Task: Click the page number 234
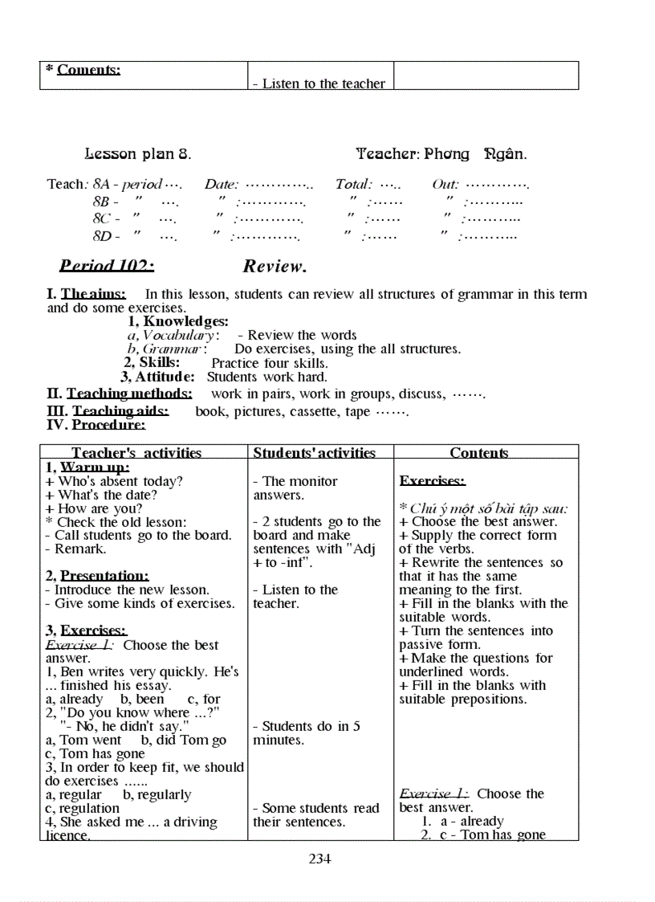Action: click(x=319, y=859)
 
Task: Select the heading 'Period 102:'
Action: click(x=107, y=266)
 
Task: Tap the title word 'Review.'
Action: click(x=275, y=266)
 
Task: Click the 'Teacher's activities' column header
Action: click(x=136, y=453)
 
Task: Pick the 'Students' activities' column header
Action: click(x=315, y=453)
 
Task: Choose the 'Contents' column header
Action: click(x=479, y=453)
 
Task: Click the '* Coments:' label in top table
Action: click(x=83, y=70)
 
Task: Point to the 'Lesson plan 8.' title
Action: click(x=137, y=153)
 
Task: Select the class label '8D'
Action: click(x=102, y=236)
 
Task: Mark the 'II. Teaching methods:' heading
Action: click(x=120, y=394)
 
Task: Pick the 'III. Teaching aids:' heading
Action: click(x=108, y=411)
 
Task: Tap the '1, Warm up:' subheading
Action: click(x=87, y=467)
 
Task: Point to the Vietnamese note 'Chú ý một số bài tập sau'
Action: click(x=488, y=508)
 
